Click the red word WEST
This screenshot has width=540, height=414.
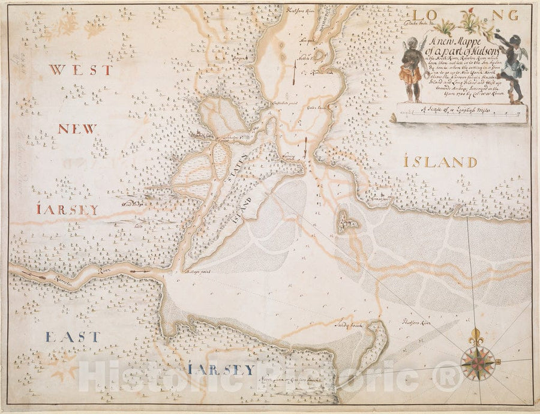click(72, 70)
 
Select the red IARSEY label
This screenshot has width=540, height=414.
click(67, 209)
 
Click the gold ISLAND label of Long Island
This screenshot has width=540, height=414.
click(440, 163)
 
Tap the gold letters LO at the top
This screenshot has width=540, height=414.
click(420, 14)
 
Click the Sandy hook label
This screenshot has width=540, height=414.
click(347, 325)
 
